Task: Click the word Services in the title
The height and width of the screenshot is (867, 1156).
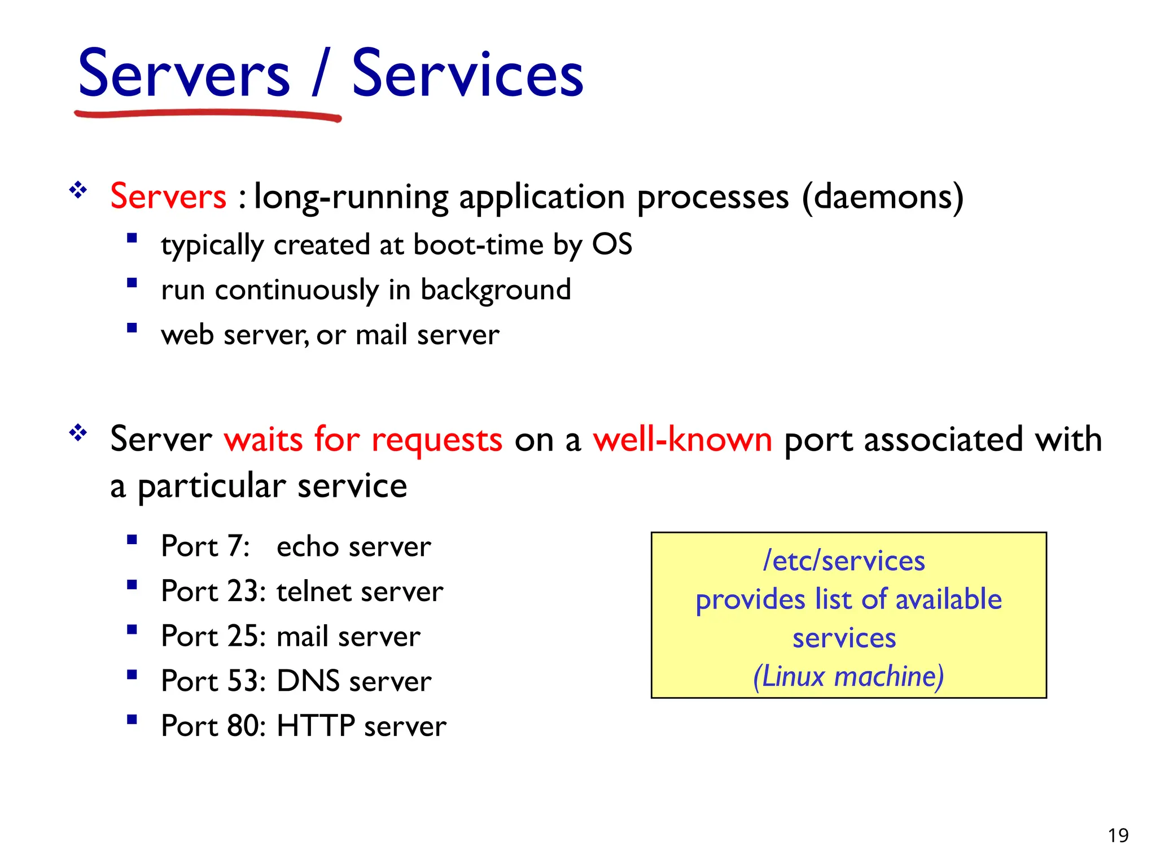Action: (467, 75)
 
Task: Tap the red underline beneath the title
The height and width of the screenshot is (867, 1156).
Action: (208, 115)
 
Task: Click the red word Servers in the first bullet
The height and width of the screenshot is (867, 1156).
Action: (168, 196)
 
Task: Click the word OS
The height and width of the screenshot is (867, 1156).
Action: (612, 244)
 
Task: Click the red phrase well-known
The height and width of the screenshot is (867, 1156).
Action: (682, 439)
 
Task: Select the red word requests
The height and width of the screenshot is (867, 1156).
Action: (436, 440)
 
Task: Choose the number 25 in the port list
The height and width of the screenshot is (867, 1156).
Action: (243, 636)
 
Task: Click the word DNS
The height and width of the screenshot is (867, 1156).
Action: (308, 681)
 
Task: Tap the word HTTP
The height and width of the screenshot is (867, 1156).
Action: (316, 726)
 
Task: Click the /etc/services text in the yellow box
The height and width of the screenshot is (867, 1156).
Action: (844, 561)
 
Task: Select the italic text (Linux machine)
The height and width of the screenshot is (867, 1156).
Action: (848, 676)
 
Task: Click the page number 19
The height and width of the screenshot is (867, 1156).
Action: (1118, 835)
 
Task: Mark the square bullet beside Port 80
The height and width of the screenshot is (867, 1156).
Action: (132, 719)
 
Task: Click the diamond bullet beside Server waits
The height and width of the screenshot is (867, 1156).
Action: (78, 433)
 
